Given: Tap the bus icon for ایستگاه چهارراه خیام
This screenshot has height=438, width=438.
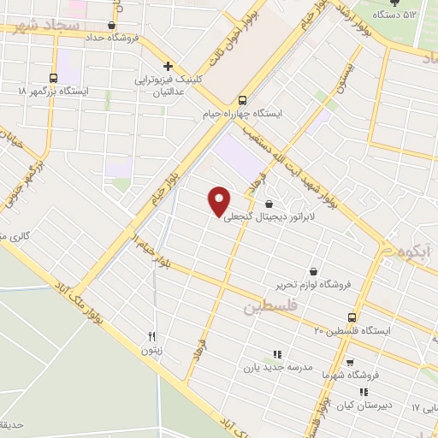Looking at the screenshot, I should click(x=243, y=99).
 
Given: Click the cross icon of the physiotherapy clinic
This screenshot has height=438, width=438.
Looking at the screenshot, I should click(x=169, y=66).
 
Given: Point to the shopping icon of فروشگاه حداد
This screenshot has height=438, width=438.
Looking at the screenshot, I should click(x=112, y=25).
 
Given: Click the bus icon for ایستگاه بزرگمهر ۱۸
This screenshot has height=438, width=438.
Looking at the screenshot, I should click(x=54, y=78).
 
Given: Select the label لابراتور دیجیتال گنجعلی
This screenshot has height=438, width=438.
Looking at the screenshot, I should click(x=270, y=217).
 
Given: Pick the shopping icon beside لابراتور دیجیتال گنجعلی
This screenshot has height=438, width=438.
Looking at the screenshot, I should click(x=270, y=204).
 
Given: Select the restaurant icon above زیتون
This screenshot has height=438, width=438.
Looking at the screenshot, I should click(x=152, y=336).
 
